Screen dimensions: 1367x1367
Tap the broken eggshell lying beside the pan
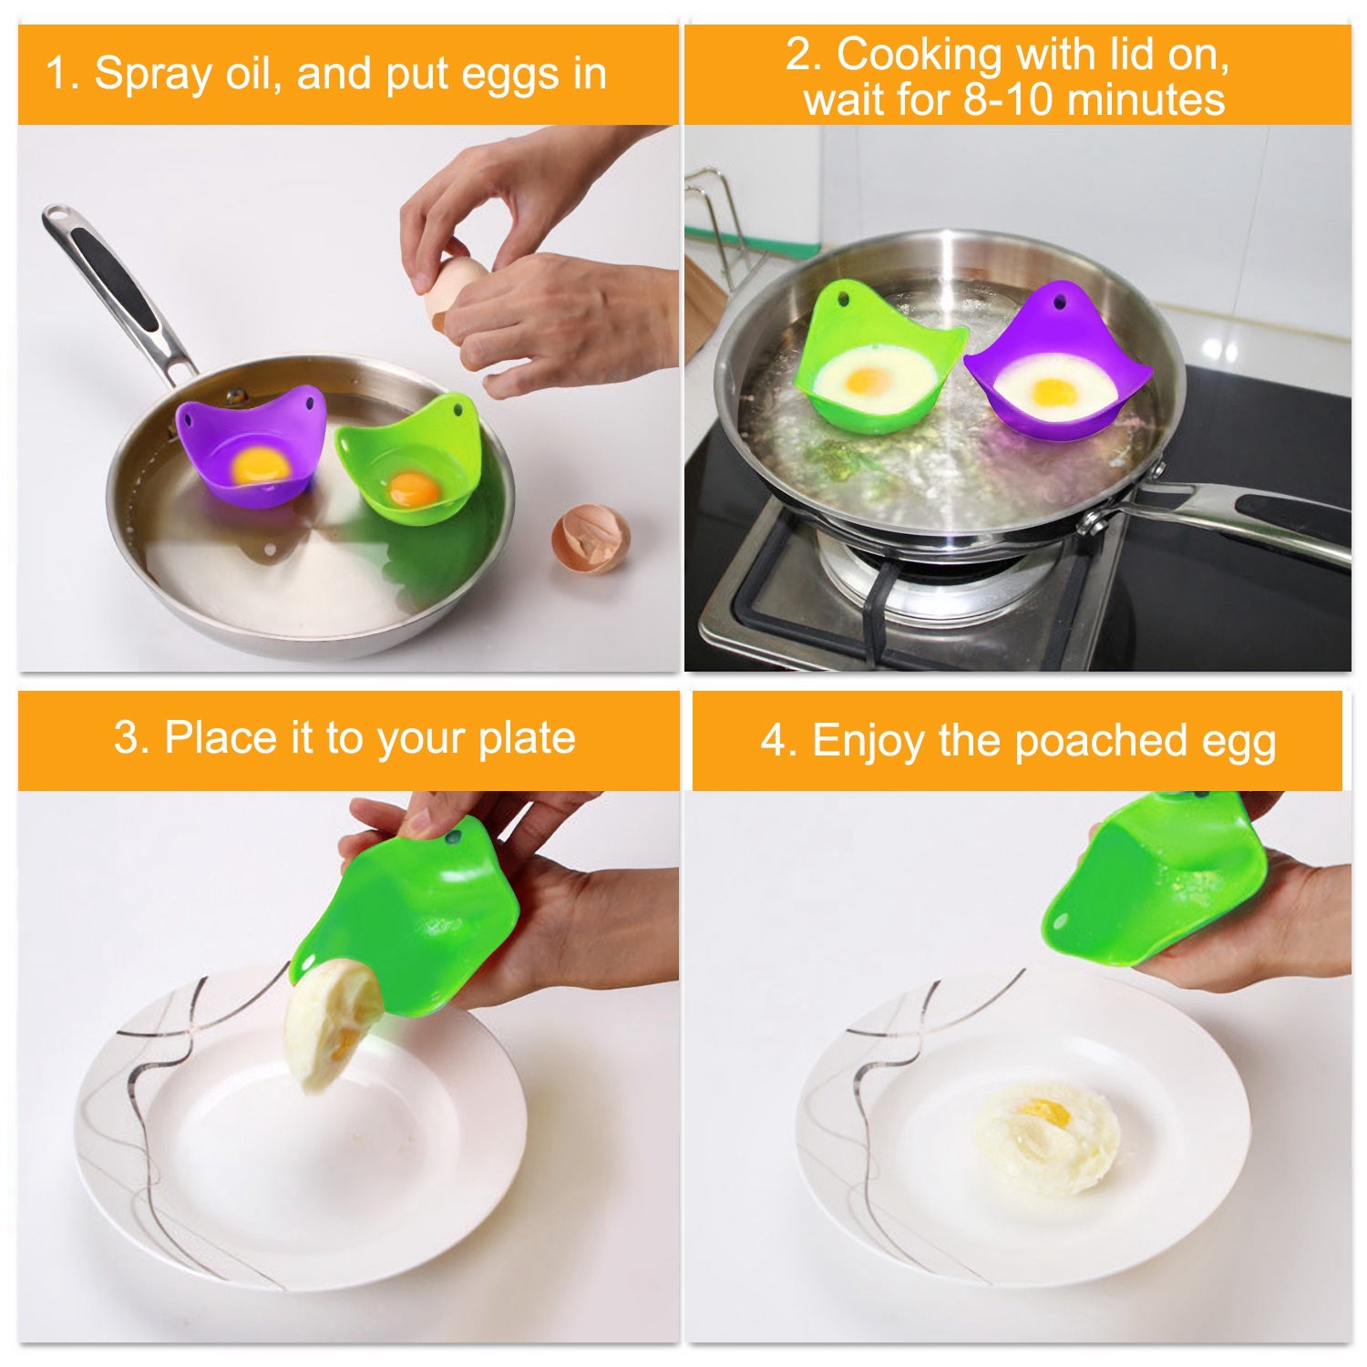[x=591, y=538]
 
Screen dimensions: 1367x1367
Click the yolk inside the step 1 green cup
[x=413, y=489]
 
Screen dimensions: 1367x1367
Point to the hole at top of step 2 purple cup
[x=1059, y=296]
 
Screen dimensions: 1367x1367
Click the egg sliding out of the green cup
[x=330, y=1025]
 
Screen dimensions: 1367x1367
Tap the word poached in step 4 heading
[x=1101, y=741]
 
